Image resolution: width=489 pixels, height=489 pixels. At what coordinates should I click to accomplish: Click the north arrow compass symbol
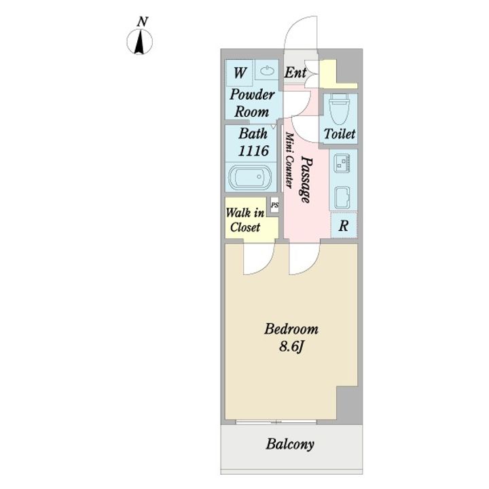click(141, 43)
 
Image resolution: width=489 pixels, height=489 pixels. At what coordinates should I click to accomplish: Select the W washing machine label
click(240, 71)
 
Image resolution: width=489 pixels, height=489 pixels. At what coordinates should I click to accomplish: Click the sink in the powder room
click(266, 70)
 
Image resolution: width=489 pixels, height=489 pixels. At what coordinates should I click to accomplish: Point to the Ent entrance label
click(295, 72)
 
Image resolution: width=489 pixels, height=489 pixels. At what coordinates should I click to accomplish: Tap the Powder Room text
click(251, 103)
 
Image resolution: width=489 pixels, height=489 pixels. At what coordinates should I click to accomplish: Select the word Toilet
click(339, 134)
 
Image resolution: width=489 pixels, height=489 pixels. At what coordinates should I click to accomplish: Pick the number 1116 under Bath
click(251, 150)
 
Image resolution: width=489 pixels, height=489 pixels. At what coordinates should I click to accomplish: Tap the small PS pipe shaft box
click(274, 204)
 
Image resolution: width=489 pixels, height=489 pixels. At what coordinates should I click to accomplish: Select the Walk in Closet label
click(244, 220)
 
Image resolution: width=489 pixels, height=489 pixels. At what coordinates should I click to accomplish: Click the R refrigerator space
click(344, 226)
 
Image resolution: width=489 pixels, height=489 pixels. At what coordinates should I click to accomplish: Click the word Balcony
click(291, 445)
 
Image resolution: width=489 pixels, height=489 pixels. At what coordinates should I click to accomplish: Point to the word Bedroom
click(291, 329)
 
